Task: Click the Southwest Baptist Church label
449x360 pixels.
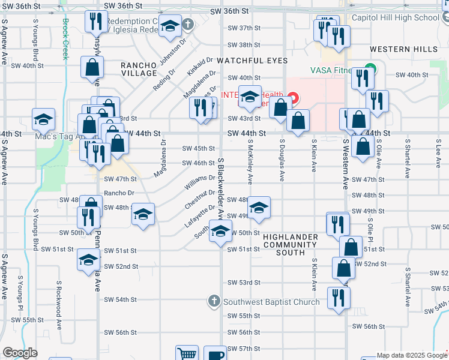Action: click(271, 302)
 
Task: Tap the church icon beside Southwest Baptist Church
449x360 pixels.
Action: click(214, 301)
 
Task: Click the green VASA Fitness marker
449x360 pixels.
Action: click(370, 70)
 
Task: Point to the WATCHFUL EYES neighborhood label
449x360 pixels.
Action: click(252, 61)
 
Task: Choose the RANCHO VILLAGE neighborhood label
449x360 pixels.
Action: click(139, 68)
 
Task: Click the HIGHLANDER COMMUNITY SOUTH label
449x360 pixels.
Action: click(291, 245)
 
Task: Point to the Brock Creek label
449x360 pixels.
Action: click(65, 39)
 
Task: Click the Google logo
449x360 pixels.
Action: click(20, 353)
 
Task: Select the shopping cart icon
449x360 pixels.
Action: click(187, 354)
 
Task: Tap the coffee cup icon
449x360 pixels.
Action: click(215, 354)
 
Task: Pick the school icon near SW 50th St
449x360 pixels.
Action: click(220, 230)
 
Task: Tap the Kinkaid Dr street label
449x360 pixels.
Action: click(200, 67)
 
